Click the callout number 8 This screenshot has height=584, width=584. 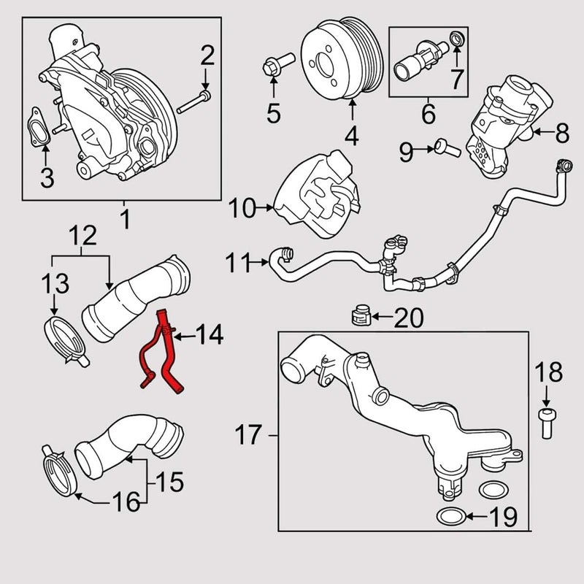[561, 132]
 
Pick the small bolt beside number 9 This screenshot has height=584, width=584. [447, 148]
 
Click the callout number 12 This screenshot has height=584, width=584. [81, 236]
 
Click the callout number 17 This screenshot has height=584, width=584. [248, 437]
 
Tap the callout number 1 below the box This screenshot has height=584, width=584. [123, 217]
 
